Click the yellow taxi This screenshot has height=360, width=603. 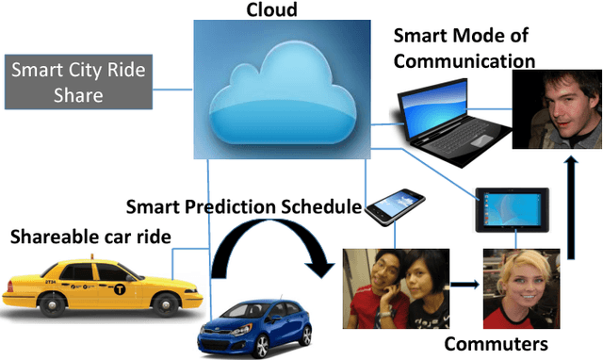pos(91,286)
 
